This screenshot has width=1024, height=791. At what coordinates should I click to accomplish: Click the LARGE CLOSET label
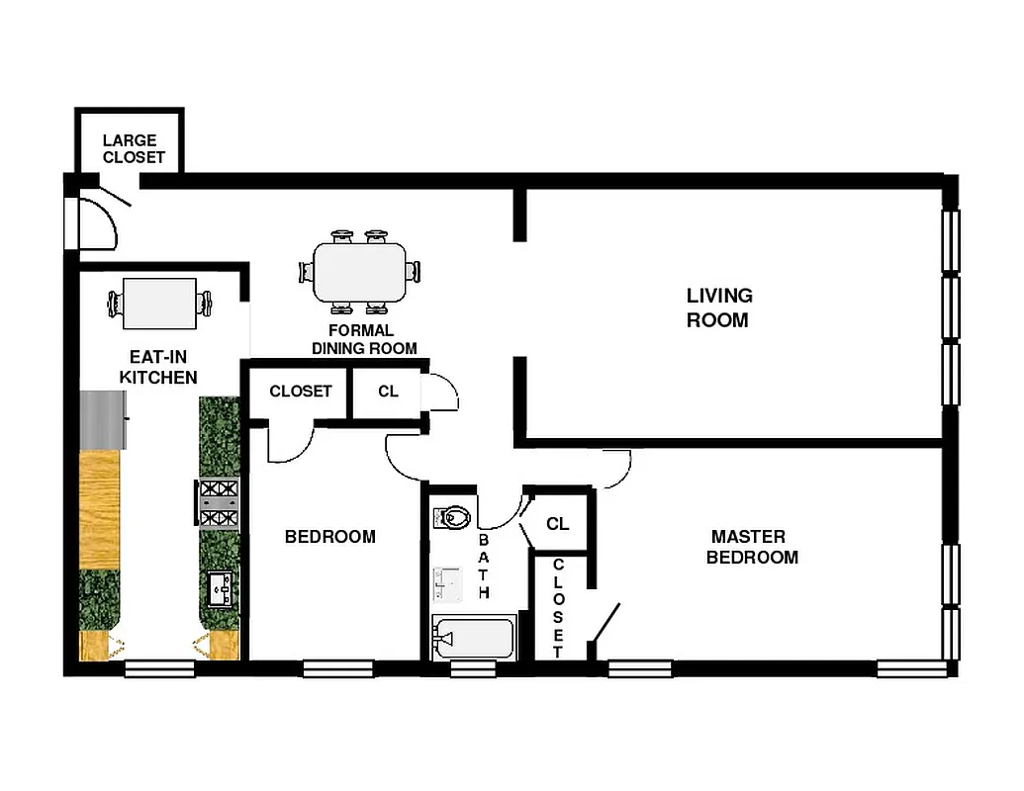coord(134,148)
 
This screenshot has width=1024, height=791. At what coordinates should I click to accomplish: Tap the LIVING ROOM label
coord(719,308)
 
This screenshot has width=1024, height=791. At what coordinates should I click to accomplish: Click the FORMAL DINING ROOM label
coord(363,339)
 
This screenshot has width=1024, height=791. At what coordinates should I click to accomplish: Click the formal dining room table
coord(359,272)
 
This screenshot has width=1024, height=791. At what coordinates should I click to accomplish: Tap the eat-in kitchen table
coord(158,304)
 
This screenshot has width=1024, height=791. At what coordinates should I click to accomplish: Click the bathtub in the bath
coord(474,639)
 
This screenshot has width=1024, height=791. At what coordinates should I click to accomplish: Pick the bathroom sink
coord(448,584)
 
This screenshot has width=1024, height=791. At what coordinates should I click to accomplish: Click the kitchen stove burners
coord(220,502)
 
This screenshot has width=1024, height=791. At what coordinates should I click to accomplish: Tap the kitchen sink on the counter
coord(220,589)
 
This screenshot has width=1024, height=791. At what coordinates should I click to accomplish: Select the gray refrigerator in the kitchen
coord(102,419)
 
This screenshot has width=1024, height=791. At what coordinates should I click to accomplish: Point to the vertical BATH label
coord(485,568)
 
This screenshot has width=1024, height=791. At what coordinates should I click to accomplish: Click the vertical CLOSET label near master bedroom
coord(558,607)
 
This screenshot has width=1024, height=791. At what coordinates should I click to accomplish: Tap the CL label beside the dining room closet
coord(388,392)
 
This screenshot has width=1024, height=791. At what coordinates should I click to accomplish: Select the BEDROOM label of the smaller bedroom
coord(329,537)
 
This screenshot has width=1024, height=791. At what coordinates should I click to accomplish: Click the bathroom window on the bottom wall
coord(473,669)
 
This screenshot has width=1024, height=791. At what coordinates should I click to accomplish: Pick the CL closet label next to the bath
coord(557,523)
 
